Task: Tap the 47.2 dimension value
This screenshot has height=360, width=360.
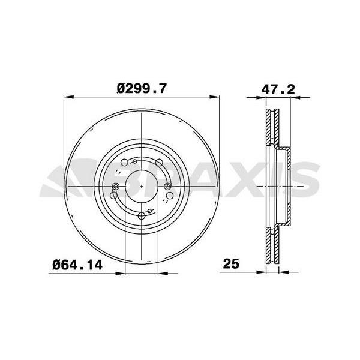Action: pyautogui.click(x=278, y=88)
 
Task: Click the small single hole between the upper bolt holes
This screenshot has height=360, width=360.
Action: pyautogui.click(x=135, y=161)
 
